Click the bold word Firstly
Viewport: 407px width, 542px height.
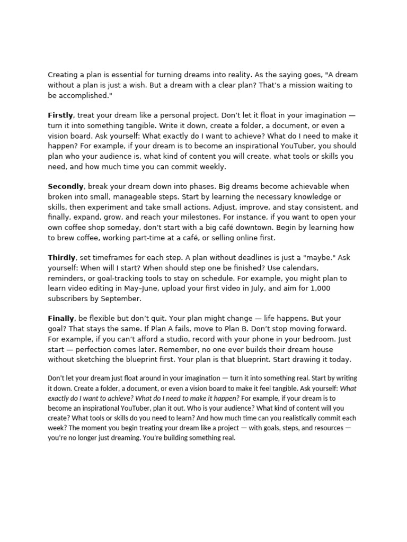(60, 115)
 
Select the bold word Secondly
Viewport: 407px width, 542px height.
(66, 186)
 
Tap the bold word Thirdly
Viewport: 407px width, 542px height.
(62, 258)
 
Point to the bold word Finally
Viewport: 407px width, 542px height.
(61, 319)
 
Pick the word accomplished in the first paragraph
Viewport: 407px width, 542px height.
(85, 95)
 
